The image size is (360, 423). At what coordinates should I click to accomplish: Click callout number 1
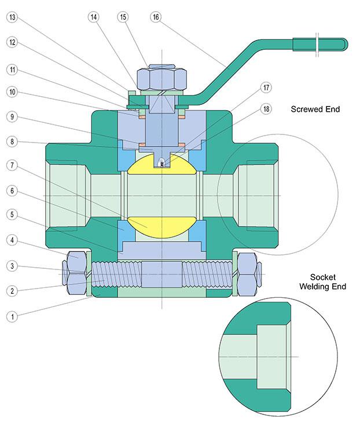pos(12,316)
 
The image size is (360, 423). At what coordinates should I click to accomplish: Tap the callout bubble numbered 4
pos(12,239)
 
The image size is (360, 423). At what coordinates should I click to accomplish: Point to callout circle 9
pos(12,116)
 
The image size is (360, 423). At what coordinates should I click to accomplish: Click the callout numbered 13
pos(12,17)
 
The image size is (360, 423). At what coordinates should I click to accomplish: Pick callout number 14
pos(94,17)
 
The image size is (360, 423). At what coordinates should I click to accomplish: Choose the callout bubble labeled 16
pos(155,17)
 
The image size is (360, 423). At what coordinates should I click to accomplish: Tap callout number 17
pos(266,87)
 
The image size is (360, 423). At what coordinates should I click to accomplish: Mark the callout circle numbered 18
pos(266,109)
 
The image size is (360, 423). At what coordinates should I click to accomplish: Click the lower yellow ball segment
pos(162,223)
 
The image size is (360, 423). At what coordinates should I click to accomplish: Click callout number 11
pos(12,70)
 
